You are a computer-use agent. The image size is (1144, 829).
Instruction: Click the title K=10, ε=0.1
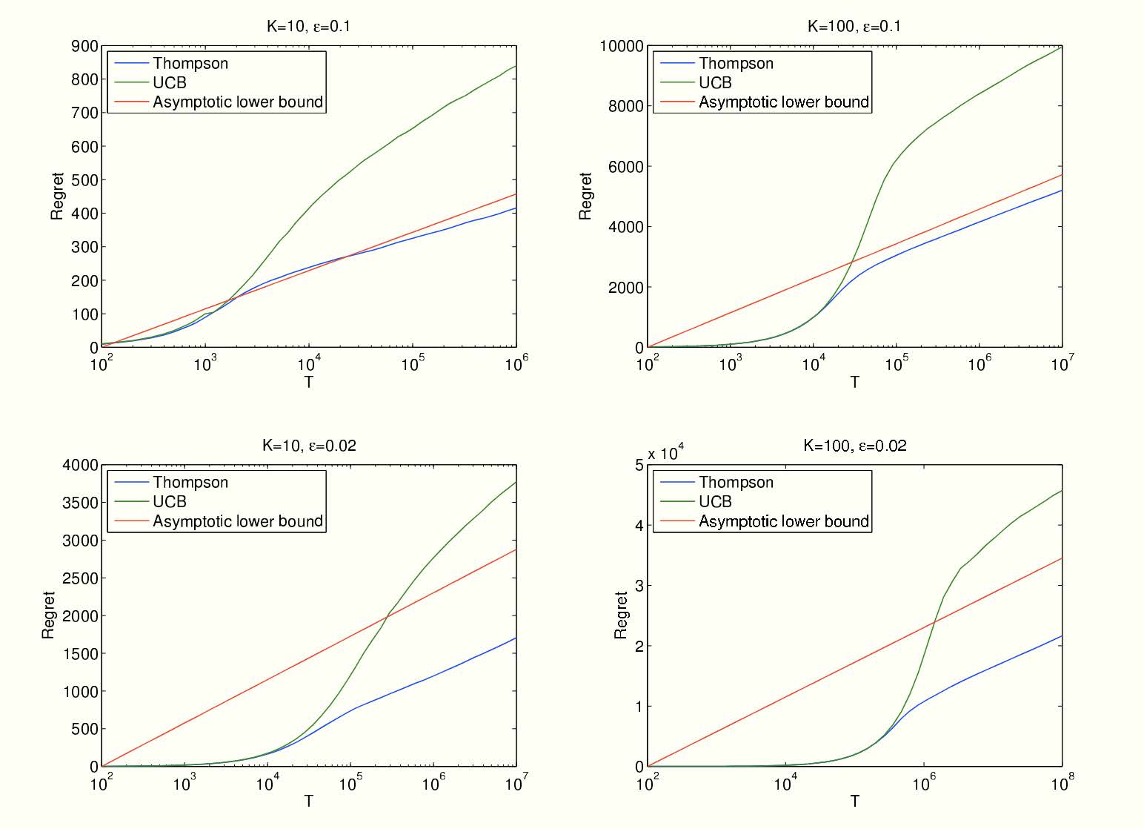[x=308, y=27]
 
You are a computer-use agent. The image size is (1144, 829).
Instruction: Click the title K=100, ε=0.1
[x=854, y=27]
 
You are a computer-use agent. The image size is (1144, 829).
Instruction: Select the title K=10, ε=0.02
[x=308, y=446]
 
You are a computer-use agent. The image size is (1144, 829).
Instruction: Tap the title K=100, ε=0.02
[x=854, y=446]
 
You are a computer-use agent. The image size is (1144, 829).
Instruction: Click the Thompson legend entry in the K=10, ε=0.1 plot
[x=190, y=63]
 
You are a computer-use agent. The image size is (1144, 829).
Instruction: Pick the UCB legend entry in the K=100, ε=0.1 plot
[x=715, y=82]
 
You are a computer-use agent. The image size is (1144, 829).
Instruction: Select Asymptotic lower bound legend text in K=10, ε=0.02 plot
[x=238, y=521]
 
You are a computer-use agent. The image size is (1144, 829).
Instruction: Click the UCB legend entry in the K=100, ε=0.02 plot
[x=715, y=502]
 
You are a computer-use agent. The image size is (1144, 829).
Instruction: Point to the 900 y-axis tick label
[x=84, y=46]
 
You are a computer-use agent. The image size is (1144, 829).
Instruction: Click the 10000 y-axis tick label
[x=622, y=46]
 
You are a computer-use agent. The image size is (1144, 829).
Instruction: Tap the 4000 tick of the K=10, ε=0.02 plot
[x=80, y=465]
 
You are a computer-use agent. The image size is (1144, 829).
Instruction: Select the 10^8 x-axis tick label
[x=1062, y=782]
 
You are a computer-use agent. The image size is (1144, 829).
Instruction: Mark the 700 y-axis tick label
[x=84, y=113]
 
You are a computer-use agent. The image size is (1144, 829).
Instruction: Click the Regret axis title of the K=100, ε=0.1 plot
[x=585, y=196]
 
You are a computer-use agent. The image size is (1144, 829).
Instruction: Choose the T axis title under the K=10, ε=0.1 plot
[x=308, y=383]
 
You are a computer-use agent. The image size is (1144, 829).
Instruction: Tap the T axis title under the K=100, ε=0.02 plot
[x=854, y=802]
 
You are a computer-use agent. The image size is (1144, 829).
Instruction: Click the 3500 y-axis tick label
[x=80, y=503]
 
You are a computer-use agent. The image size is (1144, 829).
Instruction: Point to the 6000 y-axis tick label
[x=626, y=167]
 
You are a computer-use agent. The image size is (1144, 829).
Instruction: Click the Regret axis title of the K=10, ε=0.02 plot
[x=48, y=615]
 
